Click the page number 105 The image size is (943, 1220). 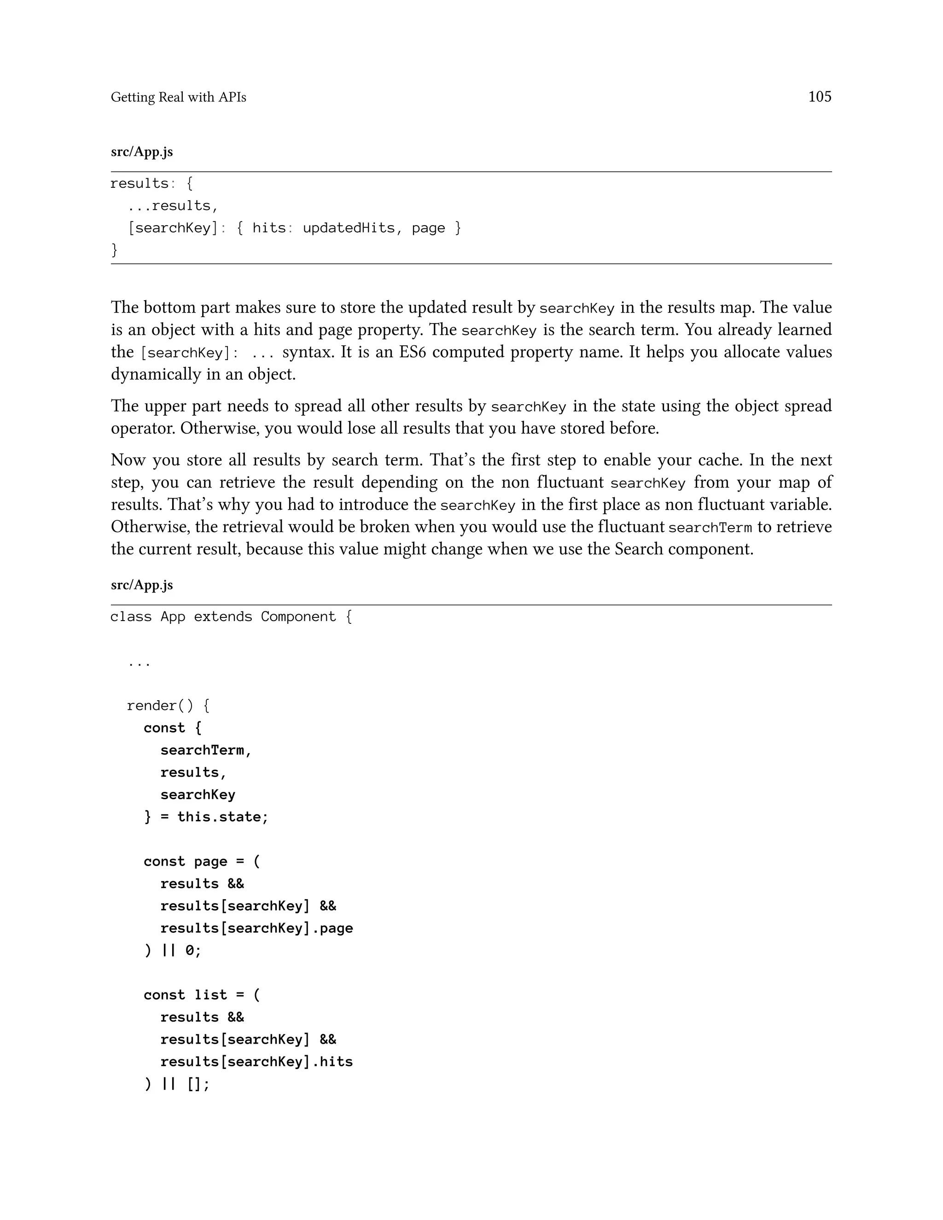point(820,97)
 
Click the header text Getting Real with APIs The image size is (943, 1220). point(178,97)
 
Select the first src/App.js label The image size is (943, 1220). point(142,152)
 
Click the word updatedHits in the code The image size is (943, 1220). point(349,228)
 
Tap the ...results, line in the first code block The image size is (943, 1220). point(173,206)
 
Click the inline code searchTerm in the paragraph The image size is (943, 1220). point(710,527)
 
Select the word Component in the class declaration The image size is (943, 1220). point(298,617)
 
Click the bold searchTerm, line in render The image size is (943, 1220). point(205,750)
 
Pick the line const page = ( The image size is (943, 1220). point(202,861)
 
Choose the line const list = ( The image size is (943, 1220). point(202,995)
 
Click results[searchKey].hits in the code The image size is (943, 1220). point(256,1061)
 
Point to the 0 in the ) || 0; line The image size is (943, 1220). point(190,950)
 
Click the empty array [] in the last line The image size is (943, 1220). point(194,1084)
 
